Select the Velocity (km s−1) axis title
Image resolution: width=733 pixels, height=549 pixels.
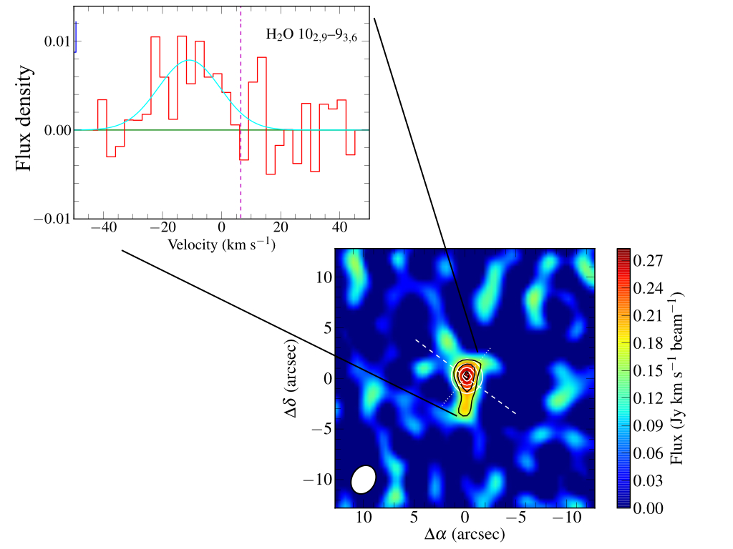coord(222,244)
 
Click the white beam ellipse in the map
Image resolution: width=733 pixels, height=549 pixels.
coord(364,479)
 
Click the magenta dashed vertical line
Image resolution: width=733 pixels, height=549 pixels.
coord(241,107)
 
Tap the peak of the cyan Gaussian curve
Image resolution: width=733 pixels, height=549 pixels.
coord(189,61)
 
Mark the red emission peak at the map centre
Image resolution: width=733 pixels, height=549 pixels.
coord(466,375)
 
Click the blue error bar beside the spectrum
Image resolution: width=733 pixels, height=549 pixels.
coord(76,33)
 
